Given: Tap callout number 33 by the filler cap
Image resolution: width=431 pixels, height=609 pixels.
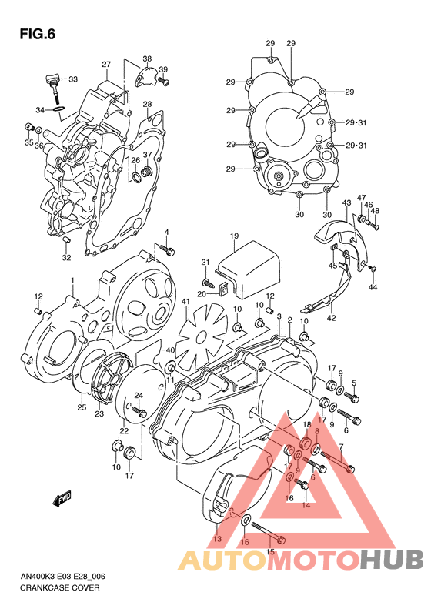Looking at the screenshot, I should coord(73,79).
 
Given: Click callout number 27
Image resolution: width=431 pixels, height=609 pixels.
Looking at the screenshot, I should coord(107,64).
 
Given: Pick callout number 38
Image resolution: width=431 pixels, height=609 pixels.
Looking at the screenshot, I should coord(147,59).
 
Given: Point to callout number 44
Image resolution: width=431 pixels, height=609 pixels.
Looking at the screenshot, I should coord(373,287).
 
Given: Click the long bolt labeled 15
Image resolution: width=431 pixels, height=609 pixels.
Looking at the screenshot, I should coord(266,530).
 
